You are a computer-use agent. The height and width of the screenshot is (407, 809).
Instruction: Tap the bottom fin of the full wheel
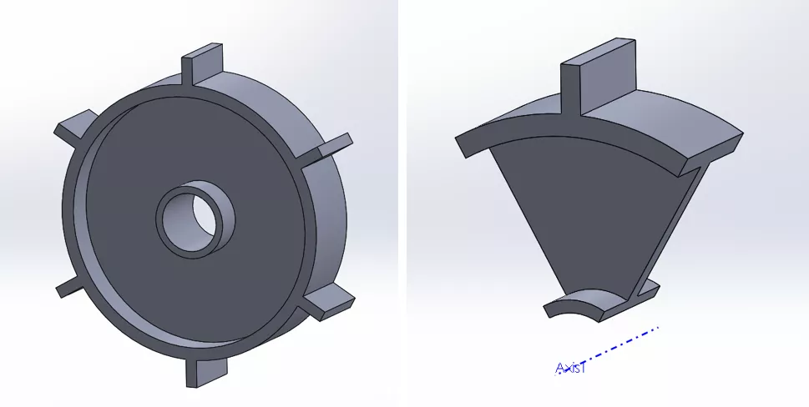[205, 370]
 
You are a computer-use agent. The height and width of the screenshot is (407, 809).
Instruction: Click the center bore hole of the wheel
[197, 219]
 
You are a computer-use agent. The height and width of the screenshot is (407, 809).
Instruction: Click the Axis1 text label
[571, 368]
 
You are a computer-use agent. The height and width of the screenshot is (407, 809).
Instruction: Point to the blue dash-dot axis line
[622, 343]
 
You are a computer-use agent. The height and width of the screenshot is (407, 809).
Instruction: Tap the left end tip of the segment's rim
[463, 143]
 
